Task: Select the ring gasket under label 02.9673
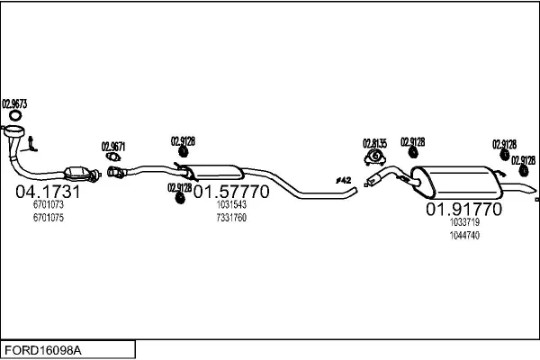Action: coord(15,116)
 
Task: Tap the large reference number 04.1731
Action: coord(49,192)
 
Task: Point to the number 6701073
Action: coord(48,205)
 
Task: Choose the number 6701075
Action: coord(48,217)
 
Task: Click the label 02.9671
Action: coord(113,147)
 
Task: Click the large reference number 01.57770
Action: coord(231,192)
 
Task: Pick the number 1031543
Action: coord(231,205)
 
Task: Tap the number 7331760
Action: coord(231,217)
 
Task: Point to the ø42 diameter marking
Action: coord(343,181)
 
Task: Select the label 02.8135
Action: coord(374,142)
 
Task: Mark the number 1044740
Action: coord(464,235)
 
